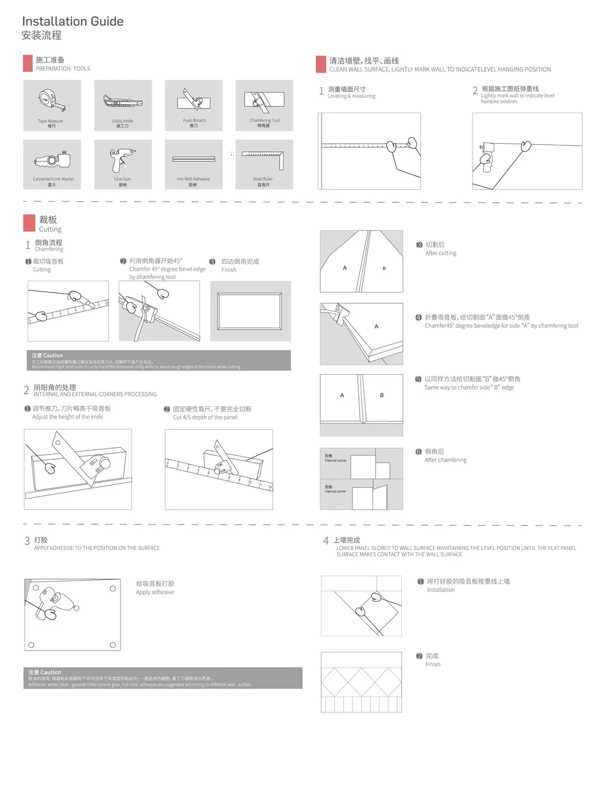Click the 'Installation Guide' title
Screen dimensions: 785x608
pyautogui.click(x=72, y=21)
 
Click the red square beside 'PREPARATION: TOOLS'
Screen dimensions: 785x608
pyautogui.click(x=28, y=63)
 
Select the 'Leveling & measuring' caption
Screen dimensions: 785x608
pyautogui.click(x=351, y=96)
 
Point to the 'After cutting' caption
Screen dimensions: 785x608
pyautogui.click(x=440, y=253)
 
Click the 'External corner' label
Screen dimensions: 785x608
pyautogui.click(x=335, y=460)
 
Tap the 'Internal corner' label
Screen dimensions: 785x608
pyautogui.click(x=335, y=491)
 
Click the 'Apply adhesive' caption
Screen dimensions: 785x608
pyautogui.click(x=154, y=592)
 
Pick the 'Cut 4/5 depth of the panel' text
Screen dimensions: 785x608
pyautogui.click(x=205, y=417)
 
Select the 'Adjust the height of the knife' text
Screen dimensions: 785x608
pyautogui.click(x=67, y=417)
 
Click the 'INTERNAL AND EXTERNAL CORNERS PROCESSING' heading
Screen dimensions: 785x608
pyautogui.click(x=95, y=394)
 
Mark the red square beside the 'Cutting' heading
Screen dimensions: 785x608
pyautogui.click(x=29, y=223)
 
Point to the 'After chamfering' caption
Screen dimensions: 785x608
pyautogui.click(x=445, y=460)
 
